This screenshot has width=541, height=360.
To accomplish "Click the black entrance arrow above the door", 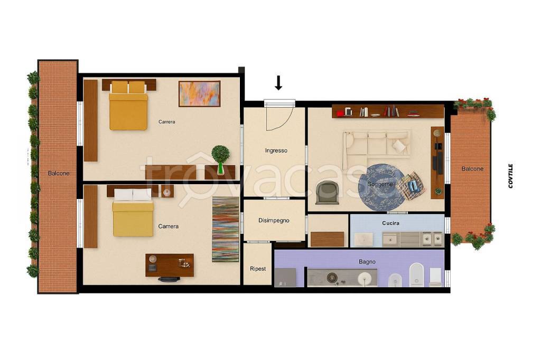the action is coord(278,83).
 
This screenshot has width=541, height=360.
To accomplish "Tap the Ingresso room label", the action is coord(276,150).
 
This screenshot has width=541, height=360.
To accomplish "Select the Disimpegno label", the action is coord(274,220).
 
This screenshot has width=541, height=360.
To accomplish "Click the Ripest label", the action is coord(258,269).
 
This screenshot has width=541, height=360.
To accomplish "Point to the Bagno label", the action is coord(367,262).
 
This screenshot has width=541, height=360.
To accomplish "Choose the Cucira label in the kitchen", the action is coord(390,223).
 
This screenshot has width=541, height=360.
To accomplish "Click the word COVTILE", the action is coord(511,176).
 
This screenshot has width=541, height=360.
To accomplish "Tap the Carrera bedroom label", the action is coord(166,122).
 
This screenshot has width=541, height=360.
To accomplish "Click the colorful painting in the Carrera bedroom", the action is coord(199,93).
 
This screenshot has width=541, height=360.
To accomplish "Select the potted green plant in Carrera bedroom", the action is coord(220,158).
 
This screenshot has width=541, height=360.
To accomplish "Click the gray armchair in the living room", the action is coord(327,193).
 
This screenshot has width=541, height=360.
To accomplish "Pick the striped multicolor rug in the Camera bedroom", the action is coord(225,229).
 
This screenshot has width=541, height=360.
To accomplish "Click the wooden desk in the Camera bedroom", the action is coord(170,265).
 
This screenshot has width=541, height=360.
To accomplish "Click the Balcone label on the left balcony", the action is coord(59,173).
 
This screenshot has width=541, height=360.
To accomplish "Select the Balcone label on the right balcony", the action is coord(472,169).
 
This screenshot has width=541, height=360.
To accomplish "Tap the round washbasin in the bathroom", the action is coord(363,278).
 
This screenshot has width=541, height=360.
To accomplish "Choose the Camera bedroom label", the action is coord(169,226).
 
